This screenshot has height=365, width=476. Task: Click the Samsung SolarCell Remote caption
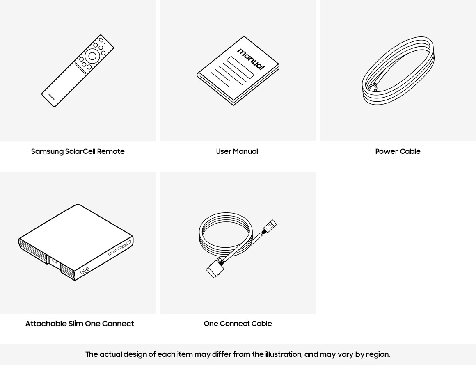78,151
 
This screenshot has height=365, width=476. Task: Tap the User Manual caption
237,151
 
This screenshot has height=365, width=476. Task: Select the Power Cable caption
398,151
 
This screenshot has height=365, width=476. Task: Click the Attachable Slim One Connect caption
80,324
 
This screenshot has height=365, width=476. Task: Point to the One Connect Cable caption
238,324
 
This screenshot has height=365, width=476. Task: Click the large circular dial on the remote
92,56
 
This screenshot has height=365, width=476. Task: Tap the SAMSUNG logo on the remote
52,97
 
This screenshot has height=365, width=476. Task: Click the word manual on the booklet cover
251,59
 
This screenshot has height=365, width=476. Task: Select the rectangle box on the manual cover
240,67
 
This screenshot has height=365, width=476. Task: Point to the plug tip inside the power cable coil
373,87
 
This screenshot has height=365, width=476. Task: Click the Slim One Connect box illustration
76,242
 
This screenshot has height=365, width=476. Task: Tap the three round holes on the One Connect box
85,271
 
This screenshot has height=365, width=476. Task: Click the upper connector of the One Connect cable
269,226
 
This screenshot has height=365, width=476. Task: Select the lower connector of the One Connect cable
215,268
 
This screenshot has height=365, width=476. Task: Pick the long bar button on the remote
80,68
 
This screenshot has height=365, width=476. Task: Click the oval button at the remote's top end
101,40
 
